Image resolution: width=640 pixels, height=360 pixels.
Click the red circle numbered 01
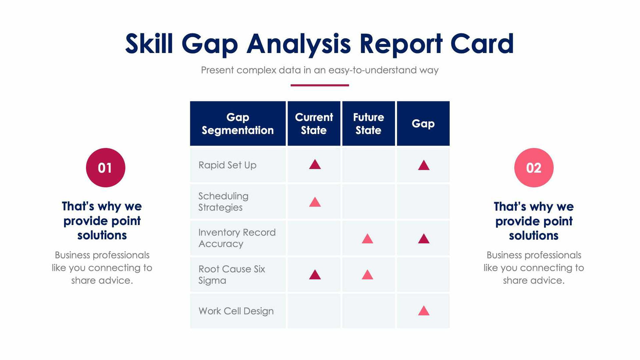105,168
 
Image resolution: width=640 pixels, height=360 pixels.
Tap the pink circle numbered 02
533,168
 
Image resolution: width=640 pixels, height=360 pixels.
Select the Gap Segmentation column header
238,124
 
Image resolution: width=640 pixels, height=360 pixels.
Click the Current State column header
314,124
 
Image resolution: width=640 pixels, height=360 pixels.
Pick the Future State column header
368,124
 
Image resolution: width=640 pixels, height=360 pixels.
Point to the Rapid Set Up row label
227,165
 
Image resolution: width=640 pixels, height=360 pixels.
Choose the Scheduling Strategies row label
223,202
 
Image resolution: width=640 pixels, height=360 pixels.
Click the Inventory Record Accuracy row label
237,238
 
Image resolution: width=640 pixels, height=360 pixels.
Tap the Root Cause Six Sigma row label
231,274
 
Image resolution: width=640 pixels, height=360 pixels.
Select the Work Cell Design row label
236,311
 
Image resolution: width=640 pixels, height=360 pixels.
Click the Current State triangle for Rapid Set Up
315,165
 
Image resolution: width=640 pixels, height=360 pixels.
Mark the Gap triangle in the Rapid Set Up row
423,166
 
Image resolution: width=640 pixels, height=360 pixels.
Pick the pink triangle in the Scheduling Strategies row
315,203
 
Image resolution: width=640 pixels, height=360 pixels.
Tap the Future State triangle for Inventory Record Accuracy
367,239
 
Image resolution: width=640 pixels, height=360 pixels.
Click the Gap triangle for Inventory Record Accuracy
423,239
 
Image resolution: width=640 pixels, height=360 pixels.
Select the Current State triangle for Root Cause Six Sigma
315,275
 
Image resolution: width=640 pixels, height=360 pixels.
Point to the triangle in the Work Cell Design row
423,311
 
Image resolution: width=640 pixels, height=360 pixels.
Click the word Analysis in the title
299,44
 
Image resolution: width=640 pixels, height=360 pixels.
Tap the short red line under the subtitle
320,85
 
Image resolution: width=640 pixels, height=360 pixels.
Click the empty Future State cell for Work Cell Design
368,311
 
